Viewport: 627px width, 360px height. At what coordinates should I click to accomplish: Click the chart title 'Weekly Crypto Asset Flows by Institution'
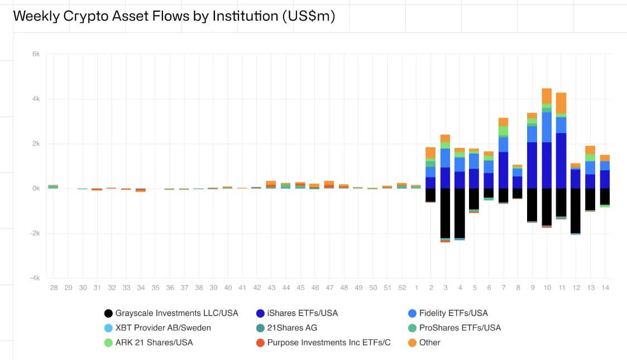point(174,16)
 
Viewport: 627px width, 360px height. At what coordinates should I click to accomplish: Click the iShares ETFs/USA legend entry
point(302,313)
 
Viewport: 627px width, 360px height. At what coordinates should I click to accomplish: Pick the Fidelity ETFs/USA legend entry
point(453,313)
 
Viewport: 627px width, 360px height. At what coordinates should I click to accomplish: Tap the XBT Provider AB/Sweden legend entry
point(163,328)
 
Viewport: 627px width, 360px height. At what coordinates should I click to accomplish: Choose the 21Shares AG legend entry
point(292,328)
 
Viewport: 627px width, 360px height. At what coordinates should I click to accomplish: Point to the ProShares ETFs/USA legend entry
point(460,328)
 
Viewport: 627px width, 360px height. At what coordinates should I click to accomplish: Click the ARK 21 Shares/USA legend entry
point(154,342)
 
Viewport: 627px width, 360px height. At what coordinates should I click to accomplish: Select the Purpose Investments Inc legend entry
point(328,342)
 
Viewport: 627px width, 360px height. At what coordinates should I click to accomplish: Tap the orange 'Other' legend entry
point(429,342)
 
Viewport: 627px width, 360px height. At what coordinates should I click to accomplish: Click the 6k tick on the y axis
point(36,54)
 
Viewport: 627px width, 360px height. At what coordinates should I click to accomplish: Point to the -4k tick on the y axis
point(35,278)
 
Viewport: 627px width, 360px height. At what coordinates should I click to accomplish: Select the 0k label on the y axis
point(36,189)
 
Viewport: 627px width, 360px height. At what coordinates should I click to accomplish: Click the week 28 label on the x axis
point(54,287)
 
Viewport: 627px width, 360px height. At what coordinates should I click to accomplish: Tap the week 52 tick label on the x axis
point(401,287)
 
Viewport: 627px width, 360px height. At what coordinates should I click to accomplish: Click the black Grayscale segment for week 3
point(445,213)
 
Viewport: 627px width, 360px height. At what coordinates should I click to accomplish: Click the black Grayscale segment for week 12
point(576,210)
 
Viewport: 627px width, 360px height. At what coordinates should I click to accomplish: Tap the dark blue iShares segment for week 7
point(503,170)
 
